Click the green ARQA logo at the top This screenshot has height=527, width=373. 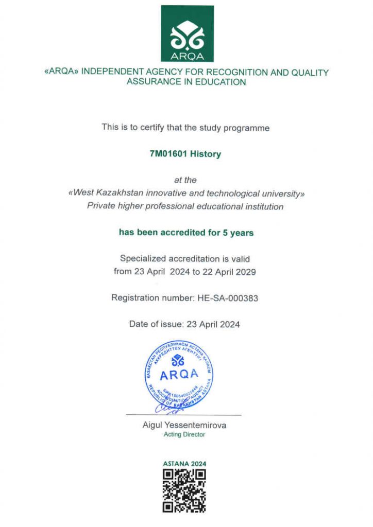(x=187, y=33)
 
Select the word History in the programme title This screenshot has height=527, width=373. (x=206, y=153)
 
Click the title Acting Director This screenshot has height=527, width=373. (x=184, y=434)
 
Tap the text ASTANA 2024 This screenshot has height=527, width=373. (x=184, y=464)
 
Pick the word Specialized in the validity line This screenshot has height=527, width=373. (x=143, y=259)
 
